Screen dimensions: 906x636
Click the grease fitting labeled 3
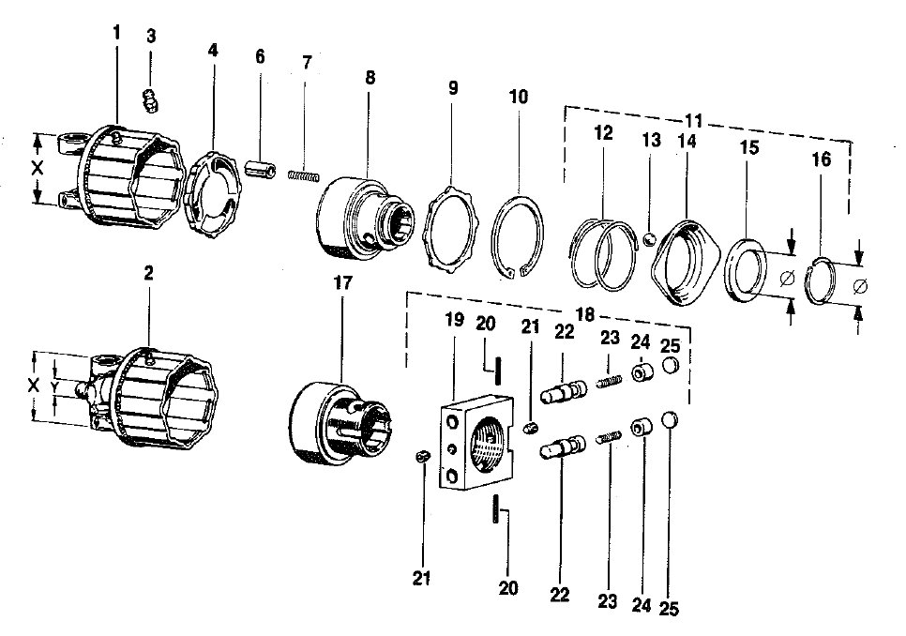[150, 100]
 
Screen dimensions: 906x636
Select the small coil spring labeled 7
[303, 174]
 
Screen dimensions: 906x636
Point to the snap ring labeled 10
[518, 237]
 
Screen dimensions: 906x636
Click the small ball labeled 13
[649, 238]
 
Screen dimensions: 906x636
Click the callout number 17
[342, 283]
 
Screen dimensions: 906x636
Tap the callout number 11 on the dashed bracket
[693, 121]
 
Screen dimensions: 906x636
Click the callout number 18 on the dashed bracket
[584, 314]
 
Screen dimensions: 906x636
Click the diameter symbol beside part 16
[860, 285]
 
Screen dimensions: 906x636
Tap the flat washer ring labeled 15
[746, 270]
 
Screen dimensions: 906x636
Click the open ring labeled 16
[821, 280]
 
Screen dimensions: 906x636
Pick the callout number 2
[148, 273]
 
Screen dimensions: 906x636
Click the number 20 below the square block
[508, 588]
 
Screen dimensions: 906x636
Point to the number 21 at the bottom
[421, 578]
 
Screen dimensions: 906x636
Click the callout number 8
[370, 77]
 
